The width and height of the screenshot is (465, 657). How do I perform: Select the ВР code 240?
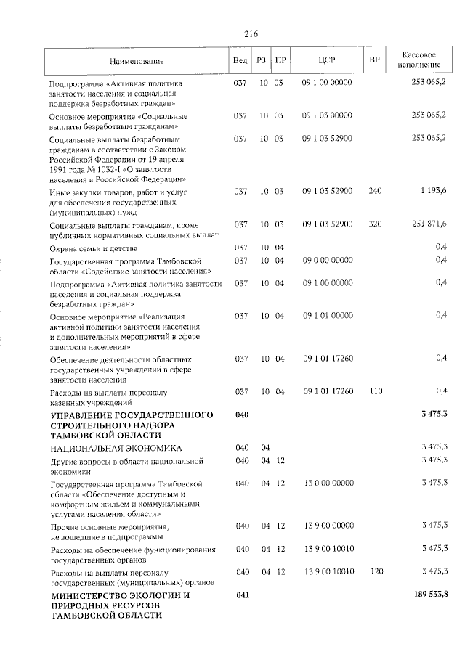pos(375,191)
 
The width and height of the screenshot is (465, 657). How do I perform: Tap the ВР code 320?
pos(375,224)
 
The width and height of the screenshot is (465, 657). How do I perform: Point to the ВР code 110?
pos(375,391)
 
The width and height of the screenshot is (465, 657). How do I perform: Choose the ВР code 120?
pos(375,571)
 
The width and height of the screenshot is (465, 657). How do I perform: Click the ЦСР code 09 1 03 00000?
pos(327,115)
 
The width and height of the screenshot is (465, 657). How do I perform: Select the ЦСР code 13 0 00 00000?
pos(327,482)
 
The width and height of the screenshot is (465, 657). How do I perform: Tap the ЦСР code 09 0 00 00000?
pos(327,260)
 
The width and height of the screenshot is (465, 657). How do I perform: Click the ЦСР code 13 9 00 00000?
pos(327,525)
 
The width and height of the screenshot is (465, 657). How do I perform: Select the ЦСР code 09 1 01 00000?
pos(327,315)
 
